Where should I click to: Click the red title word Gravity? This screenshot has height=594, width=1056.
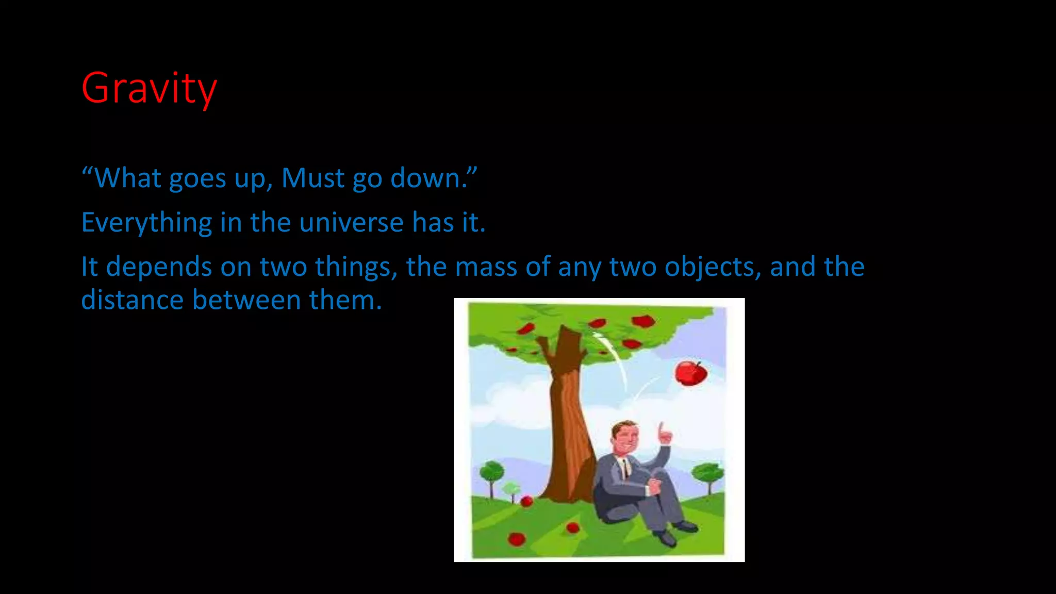(x=149, y=89)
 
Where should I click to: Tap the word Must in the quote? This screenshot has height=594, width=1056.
(x=312, y=178)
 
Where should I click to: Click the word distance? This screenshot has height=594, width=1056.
(x=132, y=300)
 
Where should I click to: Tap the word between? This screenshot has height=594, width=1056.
(x=246, y=300)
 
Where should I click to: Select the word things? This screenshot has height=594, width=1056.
(x=356, y=267)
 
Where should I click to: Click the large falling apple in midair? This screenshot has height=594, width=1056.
(x=690, y=373)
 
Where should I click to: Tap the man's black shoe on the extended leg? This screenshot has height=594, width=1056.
(x=685, y=526)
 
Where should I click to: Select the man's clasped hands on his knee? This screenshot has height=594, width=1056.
(x=654, y=485)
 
